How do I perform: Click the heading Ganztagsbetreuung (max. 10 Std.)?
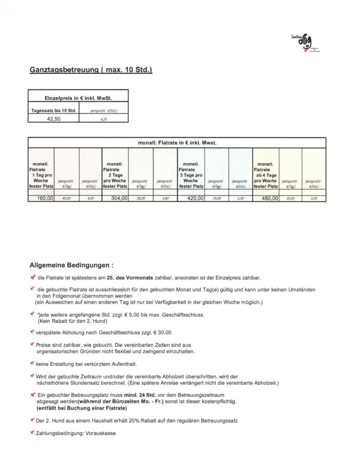coord(91,70)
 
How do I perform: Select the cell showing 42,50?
coord(54,118)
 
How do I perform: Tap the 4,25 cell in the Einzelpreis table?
coord(103,118)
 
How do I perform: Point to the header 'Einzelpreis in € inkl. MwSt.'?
coord(78,98)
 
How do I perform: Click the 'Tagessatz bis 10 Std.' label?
coord(53,110)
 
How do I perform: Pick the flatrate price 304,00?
coord(117,198)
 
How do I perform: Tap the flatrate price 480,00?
coord(268,198)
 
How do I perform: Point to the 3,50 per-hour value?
coord(240,198)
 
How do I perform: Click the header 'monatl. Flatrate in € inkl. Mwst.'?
coord(177,142)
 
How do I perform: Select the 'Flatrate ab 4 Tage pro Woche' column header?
coord(266,175)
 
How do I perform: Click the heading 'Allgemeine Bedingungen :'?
coord(71,266)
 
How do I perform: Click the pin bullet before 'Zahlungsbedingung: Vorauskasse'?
coord(32,432)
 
